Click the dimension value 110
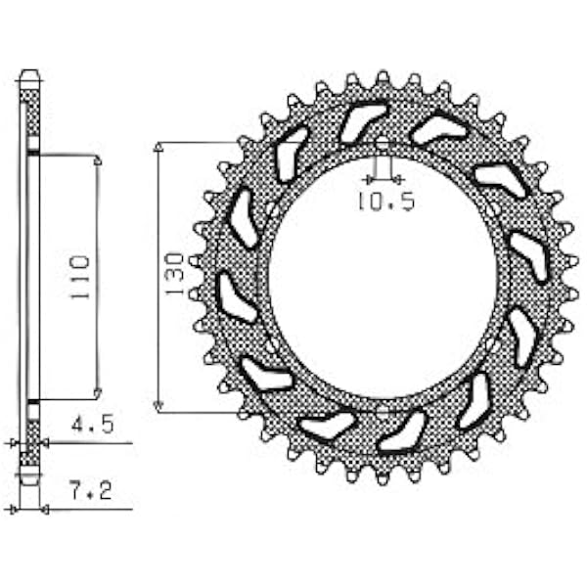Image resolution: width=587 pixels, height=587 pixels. tap(80, 277)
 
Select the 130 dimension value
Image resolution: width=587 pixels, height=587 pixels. tap(174, 275)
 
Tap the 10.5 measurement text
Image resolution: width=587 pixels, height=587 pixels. tap(386, 202)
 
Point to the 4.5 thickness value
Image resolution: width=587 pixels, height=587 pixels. tap(93, 425)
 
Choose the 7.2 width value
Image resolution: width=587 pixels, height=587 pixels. tap(91, 491)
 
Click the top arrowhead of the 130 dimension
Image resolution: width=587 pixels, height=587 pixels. tap(158, 147)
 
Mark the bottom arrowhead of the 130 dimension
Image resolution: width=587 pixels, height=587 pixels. tap(158, 406)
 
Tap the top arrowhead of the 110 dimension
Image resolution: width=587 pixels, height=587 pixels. tap(99, 160)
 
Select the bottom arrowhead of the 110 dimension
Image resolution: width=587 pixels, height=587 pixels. tap(98, 393)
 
